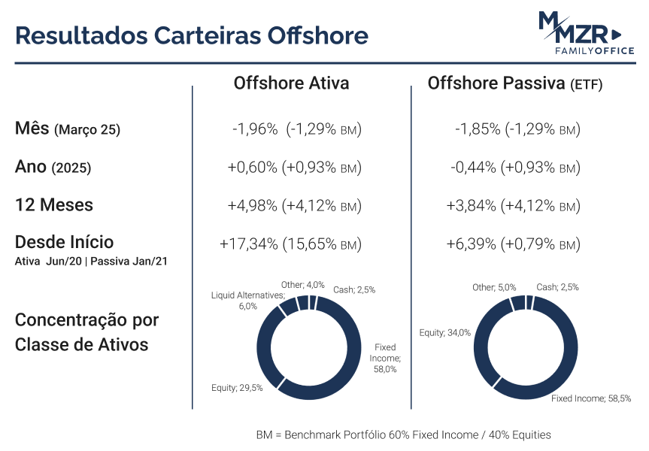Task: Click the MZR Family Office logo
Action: click(587, 33)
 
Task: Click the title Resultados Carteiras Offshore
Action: click(192, 35)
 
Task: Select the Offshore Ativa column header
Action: click(291, 83)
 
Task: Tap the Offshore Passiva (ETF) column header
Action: click(515, 83)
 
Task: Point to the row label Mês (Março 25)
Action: click(68, 129)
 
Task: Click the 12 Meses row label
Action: click(54, 204)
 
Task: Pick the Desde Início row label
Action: click(64, 242)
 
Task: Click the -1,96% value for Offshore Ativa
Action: click(255, 129)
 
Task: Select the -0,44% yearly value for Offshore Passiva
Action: click(473, 167)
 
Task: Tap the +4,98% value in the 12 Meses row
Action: click(253, 205)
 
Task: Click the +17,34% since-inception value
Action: click(249, 244)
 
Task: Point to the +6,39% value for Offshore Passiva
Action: click(471, 244)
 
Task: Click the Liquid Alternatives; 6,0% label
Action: click(248, 301)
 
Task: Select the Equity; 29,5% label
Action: click(237, 388)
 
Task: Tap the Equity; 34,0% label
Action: click(445, 333)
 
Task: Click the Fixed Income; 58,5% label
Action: click(591, 398)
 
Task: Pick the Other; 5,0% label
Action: click(494, 287)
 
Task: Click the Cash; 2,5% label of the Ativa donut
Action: click(354, 289)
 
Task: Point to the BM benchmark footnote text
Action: click(404, 435)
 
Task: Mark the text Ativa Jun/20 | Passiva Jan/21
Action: click(91, 262)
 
